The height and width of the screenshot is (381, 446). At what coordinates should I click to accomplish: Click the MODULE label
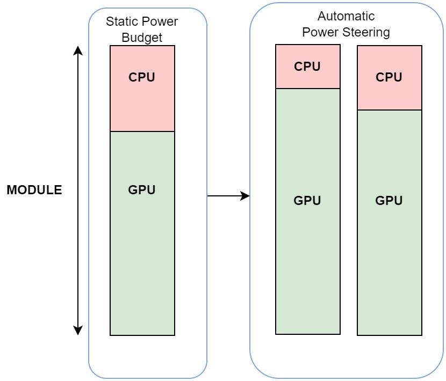(x=34, y=190)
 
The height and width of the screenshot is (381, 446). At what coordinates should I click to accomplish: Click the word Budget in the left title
(x=142, y=38)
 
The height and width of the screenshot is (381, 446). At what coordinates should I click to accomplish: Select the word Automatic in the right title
(x=346, y=16)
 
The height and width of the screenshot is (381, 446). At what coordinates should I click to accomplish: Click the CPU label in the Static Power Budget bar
(x=142, y=77)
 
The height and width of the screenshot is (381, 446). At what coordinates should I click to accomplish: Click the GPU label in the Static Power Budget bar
(x=142, y=190)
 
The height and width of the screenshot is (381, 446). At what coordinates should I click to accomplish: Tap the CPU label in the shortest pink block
(x=307, y=67)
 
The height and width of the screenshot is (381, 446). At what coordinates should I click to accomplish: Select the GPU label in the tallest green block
(x=307, y=201)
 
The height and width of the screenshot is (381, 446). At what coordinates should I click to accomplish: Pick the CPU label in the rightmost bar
(x=389, y=77)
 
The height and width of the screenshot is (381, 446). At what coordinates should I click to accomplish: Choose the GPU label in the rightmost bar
(x=389, y=201)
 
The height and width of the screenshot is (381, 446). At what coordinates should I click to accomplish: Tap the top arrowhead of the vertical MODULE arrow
(x=78, y=50)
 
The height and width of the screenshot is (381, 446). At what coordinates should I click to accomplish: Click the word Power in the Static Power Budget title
(x=161, y=21)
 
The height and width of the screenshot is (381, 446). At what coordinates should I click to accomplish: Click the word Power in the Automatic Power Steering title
(x=320, y=32)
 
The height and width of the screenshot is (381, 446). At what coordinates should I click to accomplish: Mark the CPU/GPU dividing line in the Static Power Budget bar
(x=142, y=131)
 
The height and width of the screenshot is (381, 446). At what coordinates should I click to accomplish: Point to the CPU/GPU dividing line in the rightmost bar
(x=390, y=110)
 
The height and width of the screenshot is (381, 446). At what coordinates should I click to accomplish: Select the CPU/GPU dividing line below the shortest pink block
(x=308, y=89)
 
